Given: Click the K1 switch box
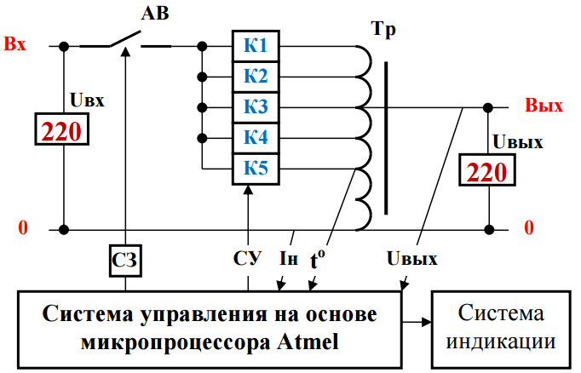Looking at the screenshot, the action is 256,46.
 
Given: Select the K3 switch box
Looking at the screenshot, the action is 256,107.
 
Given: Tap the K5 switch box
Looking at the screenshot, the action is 256,169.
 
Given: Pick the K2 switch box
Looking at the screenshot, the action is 256,77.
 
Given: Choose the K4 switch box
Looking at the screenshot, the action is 256,138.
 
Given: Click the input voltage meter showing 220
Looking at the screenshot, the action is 62,129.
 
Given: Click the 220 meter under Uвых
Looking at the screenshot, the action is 487,169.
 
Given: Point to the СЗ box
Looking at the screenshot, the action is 125,261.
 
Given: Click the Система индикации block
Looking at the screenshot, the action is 501,330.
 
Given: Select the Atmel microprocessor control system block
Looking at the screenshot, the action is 210,330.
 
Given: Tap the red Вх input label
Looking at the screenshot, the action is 14,43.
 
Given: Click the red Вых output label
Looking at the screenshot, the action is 544,106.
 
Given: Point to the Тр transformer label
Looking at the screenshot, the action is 383,30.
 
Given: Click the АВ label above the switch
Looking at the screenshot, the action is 155,14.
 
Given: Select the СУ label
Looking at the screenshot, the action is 247,258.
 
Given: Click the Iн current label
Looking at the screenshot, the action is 289,258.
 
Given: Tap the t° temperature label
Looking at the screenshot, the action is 317,259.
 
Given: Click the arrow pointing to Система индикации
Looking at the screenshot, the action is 417,322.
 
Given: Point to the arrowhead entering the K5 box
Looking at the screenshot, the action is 248,189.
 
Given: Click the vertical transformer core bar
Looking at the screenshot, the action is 386,138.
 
